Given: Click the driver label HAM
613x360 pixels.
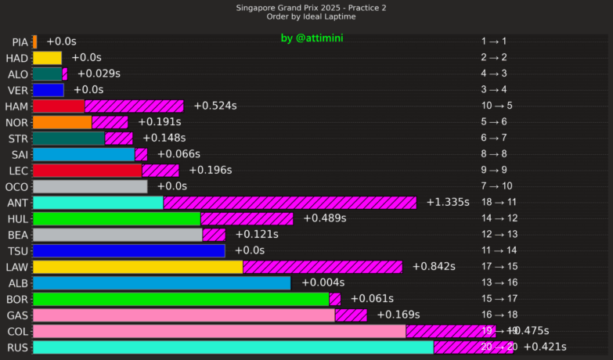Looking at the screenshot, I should pyautogui.click(x=16, y=106).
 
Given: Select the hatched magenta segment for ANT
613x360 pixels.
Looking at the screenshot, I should pyautogui.click(x=290, y=203).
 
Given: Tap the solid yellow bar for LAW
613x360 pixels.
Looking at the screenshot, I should pyautogui.click(x=138, y=267).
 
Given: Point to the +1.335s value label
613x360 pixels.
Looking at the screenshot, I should pyautogui.click(x=448, y=203).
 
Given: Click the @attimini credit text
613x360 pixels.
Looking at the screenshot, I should pyautogui.click(x=312, y=38).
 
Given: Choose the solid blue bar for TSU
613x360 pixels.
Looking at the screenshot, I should pyautogui.click(x=129, y=251).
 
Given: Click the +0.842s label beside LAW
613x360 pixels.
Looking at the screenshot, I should pyautogui.click(x=433, y=267).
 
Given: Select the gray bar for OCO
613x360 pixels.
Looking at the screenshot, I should pyautogui.click(x=90, y=187).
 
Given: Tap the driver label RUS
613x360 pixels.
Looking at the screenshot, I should pyautogui.click(x=17, y=347).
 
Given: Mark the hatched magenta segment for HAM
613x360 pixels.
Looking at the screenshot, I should pyautogui.click(x=134, y=106).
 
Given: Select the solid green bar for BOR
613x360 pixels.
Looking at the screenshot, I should pyautogui.click(x=181, y=299).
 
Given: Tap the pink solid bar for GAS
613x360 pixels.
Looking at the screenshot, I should pyautogui.click(x=184, y=315).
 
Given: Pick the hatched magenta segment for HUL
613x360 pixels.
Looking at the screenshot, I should pyautogui.click(x=247, y=219).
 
